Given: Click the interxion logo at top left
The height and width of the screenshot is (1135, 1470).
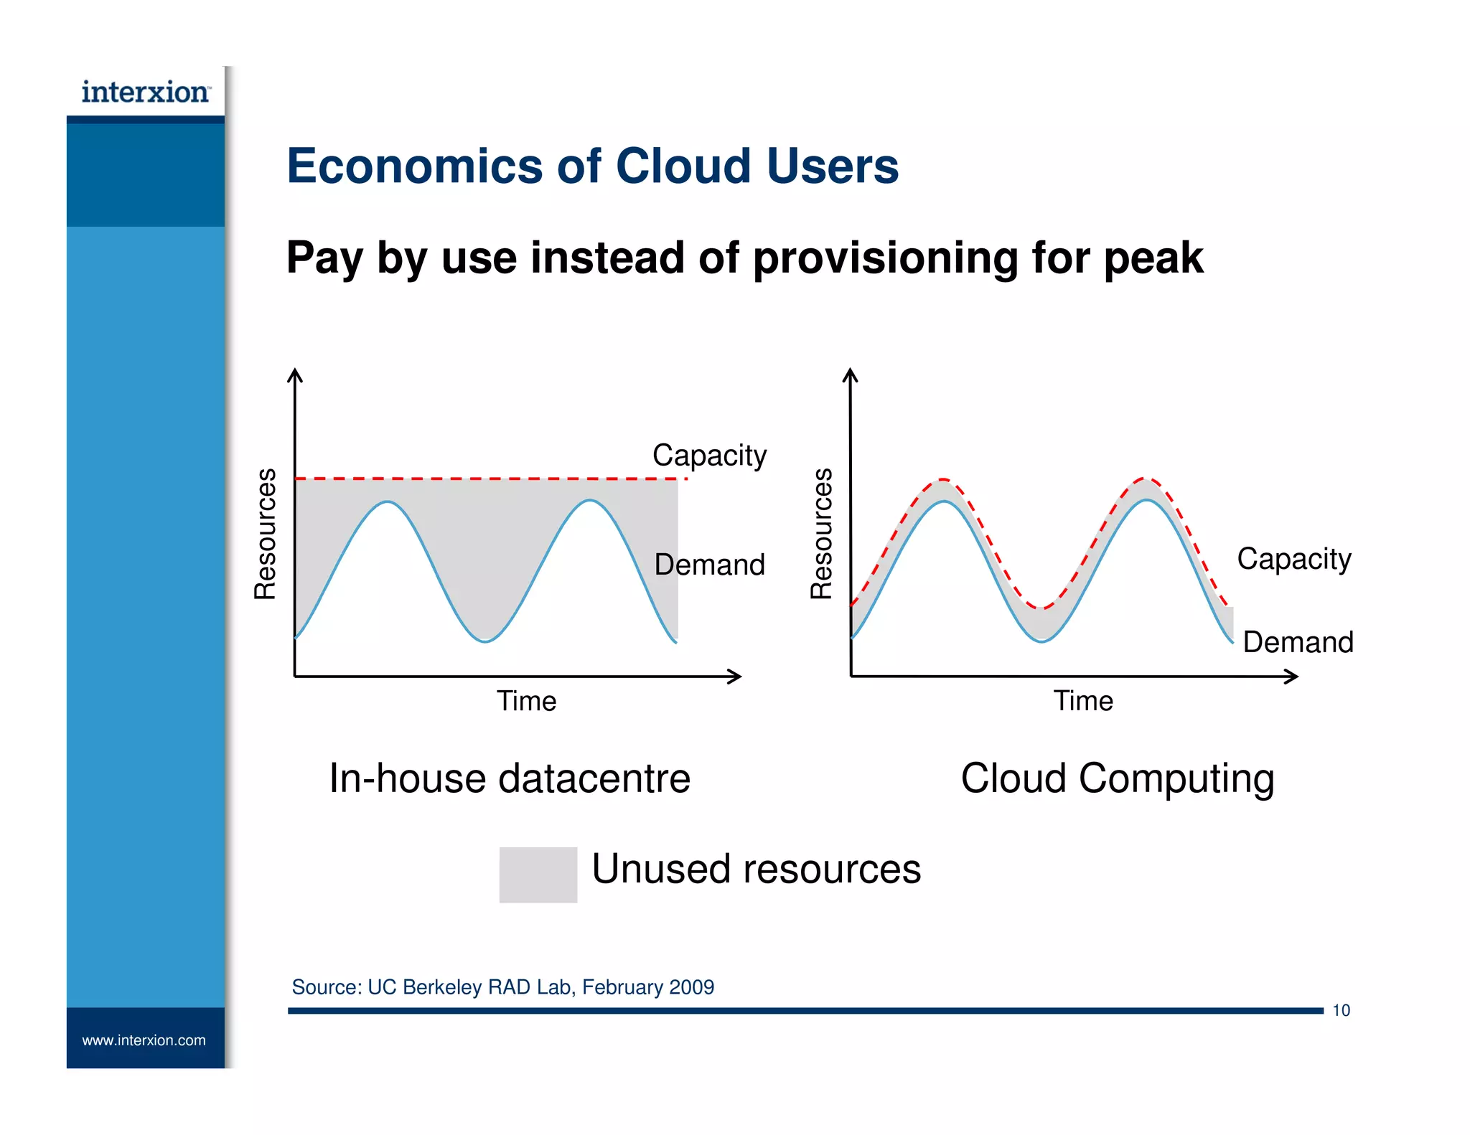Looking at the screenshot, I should [145, 93].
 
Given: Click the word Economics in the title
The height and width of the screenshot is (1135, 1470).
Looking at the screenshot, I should [414, 166].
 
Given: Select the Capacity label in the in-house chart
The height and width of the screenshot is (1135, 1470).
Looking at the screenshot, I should [709, 456].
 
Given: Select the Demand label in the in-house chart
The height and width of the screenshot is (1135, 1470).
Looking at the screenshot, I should [709, 565].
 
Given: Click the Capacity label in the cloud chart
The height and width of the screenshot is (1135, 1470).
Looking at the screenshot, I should [1293, 559].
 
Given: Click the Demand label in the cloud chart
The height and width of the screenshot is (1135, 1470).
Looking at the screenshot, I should [1298, 642].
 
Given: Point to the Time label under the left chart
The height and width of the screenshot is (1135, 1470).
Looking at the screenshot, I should [526, 701].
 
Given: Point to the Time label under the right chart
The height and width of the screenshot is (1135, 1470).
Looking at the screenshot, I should [1082, 701].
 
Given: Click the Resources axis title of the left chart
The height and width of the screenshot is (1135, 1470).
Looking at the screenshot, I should [266, 533].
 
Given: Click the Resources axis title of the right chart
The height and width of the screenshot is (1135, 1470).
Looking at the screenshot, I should [822, 533].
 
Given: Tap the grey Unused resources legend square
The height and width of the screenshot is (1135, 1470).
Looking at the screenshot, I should [538, 875].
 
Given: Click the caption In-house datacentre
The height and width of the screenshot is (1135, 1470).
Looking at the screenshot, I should [509, 778].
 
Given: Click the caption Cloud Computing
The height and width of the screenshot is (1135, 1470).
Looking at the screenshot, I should [1117, 778].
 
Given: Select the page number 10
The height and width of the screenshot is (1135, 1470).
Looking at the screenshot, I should [1341, 1010].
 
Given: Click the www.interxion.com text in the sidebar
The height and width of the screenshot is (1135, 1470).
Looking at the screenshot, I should [144, 1040].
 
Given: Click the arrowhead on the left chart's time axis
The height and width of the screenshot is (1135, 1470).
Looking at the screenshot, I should [736, 676].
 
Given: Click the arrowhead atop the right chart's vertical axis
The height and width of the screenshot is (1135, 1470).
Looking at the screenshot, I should [851, 375].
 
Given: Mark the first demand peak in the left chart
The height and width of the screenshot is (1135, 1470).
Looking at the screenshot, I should [388, 502].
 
